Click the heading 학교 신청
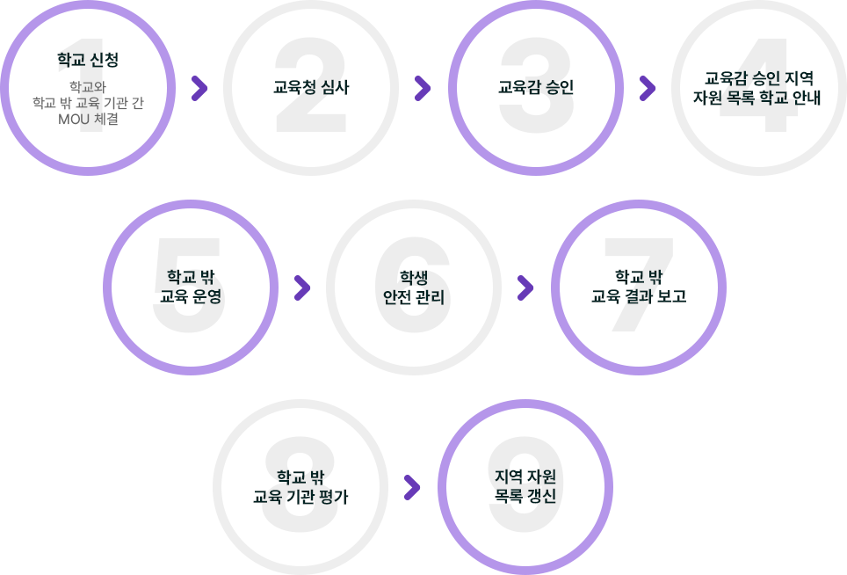click(x=87, y=61)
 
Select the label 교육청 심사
click(x=311, y=87)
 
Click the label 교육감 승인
click(x=536, y=87)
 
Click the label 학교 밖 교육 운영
click(x=191, y=287)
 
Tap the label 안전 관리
click(x=408, y=297)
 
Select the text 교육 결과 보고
click(x=639, y=297)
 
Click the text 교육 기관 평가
click(x=300, y=497)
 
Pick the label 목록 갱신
click(x=525, y=497)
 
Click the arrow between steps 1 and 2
click(x=199, y=88)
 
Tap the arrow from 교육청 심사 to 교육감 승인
click(x=423, y=88)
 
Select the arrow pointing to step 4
click(x=648, y=88)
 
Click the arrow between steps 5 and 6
click(x=302, y=287)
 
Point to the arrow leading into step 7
click(x=525, y=287)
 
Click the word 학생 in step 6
click(x=408, y=276)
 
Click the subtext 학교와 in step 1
click(x=87, y=86)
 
